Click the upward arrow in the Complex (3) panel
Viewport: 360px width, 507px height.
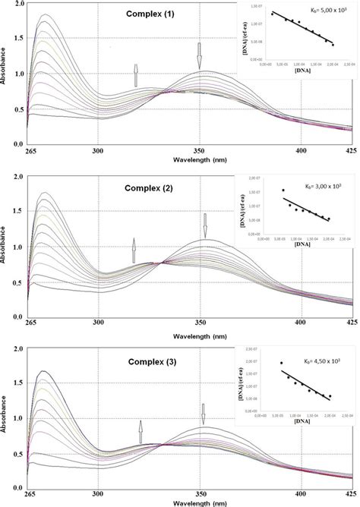[x=141, y=431]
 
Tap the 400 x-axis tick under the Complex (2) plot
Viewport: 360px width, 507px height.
[x=302, y=323]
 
